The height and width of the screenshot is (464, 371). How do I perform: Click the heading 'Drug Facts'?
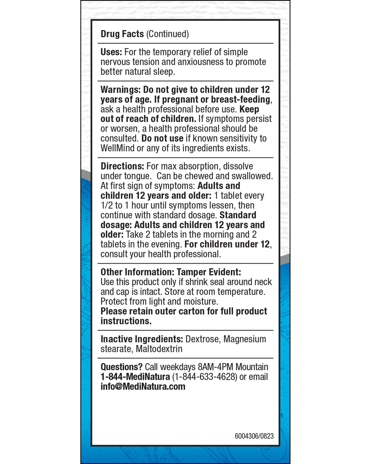coord(122,34)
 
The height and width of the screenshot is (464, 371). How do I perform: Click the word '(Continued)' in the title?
coord(167,34)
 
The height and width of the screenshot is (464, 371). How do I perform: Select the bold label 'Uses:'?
coord(111,52)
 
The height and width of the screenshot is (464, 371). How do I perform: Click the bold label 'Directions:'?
coord(122,166)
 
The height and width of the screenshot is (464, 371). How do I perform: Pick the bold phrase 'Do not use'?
coord(162,138)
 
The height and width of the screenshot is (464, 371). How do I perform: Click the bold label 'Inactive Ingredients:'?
coord(142,339)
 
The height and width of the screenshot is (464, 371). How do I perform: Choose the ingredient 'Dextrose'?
coord(202,339)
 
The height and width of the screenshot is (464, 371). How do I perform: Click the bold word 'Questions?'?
coord(121,367)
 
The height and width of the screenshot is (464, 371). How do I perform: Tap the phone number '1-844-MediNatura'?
coord(135,377)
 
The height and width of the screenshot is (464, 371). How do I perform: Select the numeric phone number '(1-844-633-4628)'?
coord(205,377)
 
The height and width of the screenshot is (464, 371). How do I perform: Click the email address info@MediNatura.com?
coord(143,386)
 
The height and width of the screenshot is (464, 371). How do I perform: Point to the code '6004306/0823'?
coord(254,436)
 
